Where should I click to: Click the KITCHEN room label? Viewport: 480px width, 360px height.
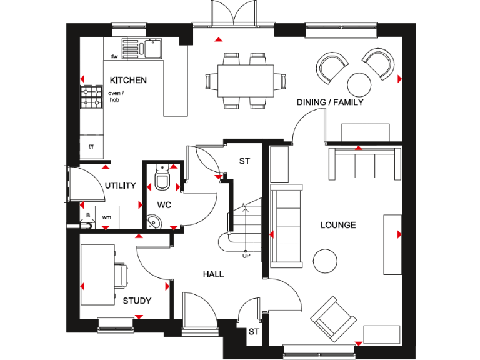point(128,80)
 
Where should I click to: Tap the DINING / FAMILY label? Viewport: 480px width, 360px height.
point(330,102)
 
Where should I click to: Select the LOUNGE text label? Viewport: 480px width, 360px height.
point(338,225)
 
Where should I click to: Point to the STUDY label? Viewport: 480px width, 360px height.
point(137,301)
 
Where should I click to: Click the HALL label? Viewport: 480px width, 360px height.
point(213,274)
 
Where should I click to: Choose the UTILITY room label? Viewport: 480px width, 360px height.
point(121,186)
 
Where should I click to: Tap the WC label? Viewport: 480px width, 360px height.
point(164,204)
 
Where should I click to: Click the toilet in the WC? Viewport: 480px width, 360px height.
point(162,179)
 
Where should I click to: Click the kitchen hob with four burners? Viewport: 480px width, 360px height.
point(91,97)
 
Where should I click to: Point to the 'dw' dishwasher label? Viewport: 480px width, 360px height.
point(114,56)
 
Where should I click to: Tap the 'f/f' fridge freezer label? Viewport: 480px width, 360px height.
point(91,146)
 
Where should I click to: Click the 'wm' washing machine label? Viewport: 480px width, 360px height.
point(106,217)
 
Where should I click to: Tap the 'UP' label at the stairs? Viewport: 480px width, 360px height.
point(246,255)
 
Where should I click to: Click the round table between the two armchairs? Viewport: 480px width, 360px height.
point(359,83)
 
